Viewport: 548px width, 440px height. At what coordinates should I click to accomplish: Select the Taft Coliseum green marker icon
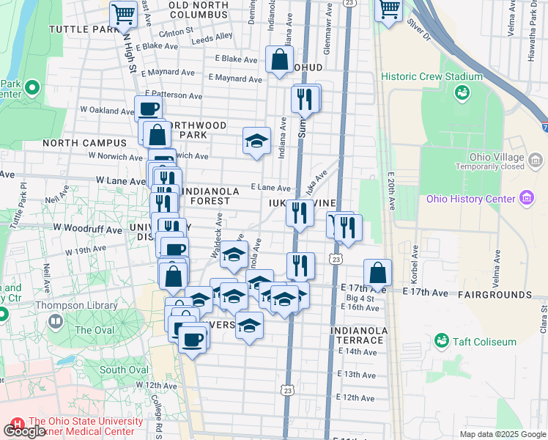(441, 340)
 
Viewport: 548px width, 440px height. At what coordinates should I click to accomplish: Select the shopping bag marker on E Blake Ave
(279, 60)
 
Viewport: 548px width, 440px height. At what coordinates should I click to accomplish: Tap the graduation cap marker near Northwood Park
(256, 141)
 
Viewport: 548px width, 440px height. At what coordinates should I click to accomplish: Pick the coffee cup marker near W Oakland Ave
(149, 109)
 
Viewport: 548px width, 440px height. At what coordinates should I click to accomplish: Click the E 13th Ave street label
(357, 375)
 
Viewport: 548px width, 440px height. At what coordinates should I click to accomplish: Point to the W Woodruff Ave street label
(86, 230)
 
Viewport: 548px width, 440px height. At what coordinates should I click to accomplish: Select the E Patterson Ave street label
(174, 95)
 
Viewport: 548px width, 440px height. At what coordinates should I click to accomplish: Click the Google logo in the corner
(23, 431)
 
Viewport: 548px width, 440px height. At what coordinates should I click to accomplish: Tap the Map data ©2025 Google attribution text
(502, 434)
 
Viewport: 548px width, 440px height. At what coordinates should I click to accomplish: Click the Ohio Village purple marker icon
(536, 158)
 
